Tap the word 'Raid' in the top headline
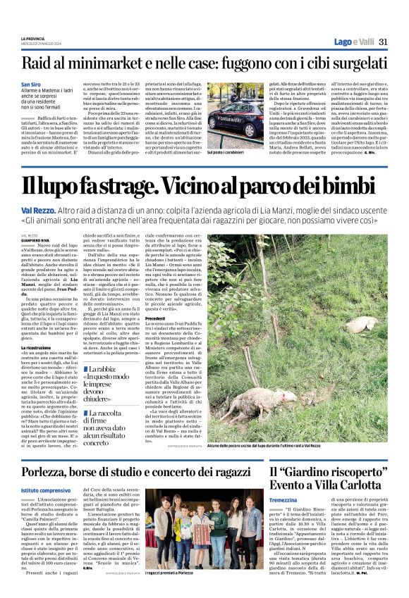[37, 63]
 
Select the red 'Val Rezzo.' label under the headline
[36, 211]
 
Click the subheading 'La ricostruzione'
[35, 348]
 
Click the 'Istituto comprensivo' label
[45, 490]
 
